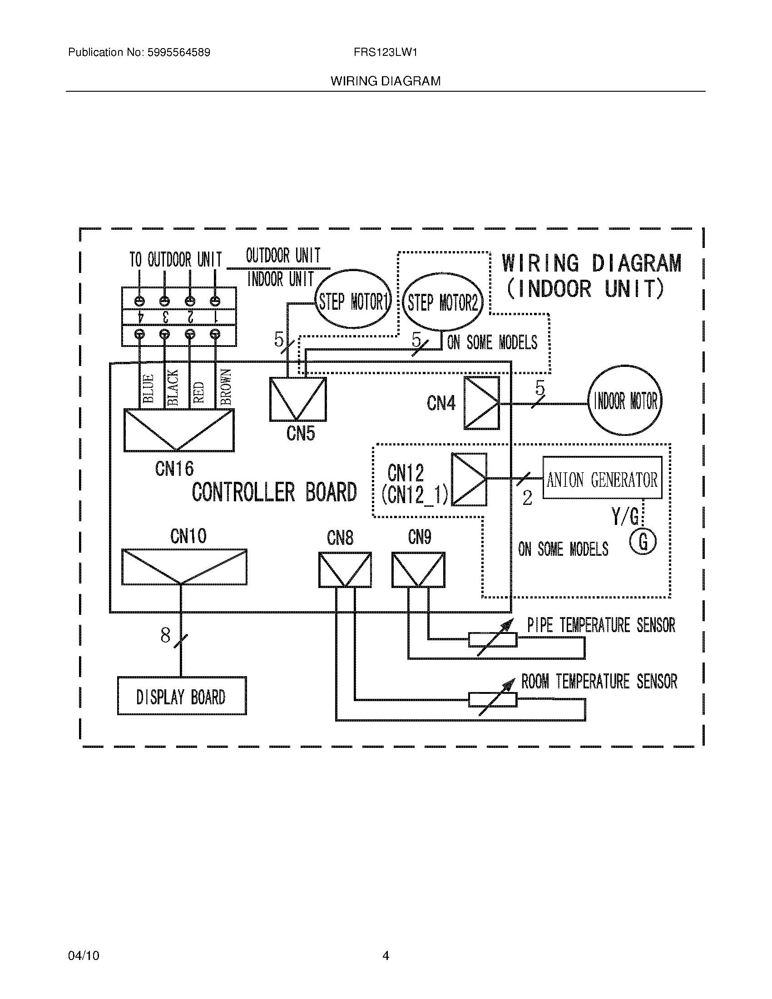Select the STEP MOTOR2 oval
pos(442,302)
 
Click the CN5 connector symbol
pos(298,399)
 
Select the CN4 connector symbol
pos(481,403)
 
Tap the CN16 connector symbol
pos(179,430)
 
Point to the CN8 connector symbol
pos(345,570)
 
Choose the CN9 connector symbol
pos(418,570)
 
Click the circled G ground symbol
pos(643,542)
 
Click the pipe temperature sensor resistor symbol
pos(493,639)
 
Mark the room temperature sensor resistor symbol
pos(493,699)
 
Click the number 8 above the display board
pos(165,635)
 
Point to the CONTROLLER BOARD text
pos(274,492)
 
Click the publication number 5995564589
pos(179,53)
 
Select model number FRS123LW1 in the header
pos(385,53)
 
